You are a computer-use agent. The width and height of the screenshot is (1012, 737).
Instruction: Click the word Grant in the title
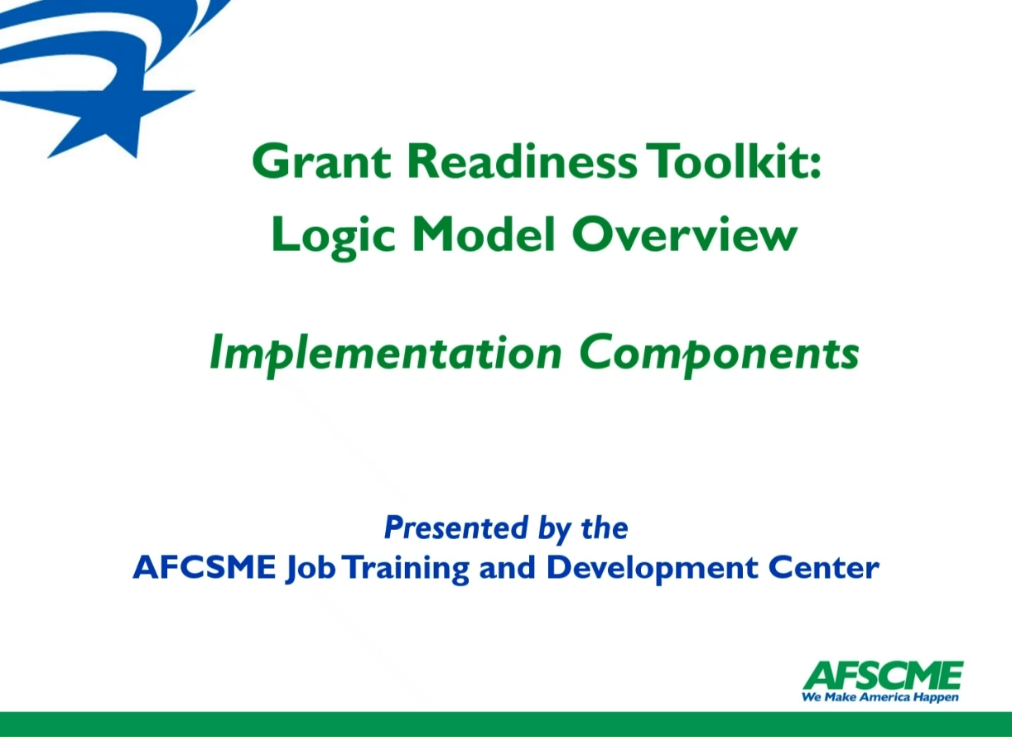click(x=321, y=161)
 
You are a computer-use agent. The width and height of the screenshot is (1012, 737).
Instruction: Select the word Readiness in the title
click(x=522, y=161)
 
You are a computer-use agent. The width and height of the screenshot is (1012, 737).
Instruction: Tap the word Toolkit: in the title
click(x=733, y=161)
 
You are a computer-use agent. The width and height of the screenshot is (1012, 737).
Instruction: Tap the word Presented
click(x=455, y=528)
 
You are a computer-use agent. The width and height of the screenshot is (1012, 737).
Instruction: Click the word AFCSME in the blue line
click(x=205, y=567)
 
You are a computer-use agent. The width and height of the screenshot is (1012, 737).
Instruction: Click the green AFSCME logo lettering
click(x=883, y=676)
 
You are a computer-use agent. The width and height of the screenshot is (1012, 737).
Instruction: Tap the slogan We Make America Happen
click(x=880, y=697)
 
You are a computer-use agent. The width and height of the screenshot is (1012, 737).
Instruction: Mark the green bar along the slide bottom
click(x=506, y=725)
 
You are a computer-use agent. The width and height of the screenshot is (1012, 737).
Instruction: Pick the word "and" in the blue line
click(x=508, y=567)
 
